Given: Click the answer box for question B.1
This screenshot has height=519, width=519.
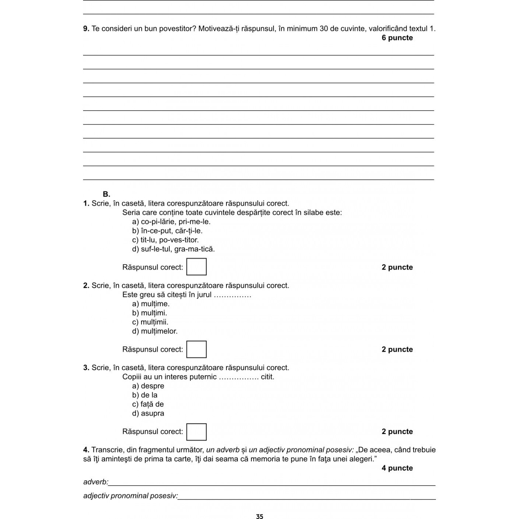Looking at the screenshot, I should (196, 267).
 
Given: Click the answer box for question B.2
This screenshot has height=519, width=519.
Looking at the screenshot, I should (196, 349).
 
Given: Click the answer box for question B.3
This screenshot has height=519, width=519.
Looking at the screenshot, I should (196, 432).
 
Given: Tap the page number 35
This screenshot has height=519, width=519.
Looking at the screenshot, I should (259, 516).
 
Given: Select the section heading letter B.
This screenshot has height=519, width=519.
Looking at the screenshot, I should (106, 194).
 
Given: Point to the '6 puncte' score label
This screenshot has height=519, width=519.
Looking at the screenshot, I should (397, 38).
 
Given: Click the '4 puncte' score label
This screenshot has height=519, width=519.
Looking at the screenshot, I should (397, 468).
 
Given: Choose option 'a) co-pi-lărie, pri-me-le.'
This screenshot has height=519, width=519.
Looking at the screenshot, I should (171, 222).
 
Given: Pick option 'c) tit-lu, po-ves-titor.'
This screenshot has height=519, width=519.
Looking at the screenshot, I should (165, 240).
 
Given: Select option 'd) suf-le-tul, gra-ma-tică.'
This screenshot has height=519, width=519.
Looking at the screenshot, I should (173, 249).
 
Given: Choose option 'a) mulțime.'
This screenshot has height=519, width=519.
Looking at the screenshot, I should (151, 304).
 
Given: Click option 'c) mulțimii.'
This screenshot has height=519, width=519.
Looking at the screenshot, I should (150, 322).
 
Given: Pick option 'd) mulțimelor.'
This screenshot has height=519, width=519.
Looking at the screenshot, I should (155, 331).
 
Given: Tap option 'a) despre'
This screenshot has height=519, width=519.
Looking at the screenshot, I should (148, 386).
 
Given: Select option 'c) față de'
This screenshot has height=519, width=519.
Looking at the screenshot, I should (148, 404).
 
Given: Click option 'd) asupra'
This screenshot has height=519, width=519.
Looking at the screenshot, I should (148, 414).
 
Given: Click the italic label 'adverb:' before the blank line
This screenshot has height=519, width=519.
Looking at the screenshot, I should (96, 482).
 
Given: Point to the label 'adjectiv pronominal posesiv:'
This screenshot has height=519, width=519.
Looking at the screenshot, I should (130, 496).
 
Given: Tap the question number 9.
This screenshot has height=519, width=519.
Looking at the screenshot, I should (86, 29).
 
